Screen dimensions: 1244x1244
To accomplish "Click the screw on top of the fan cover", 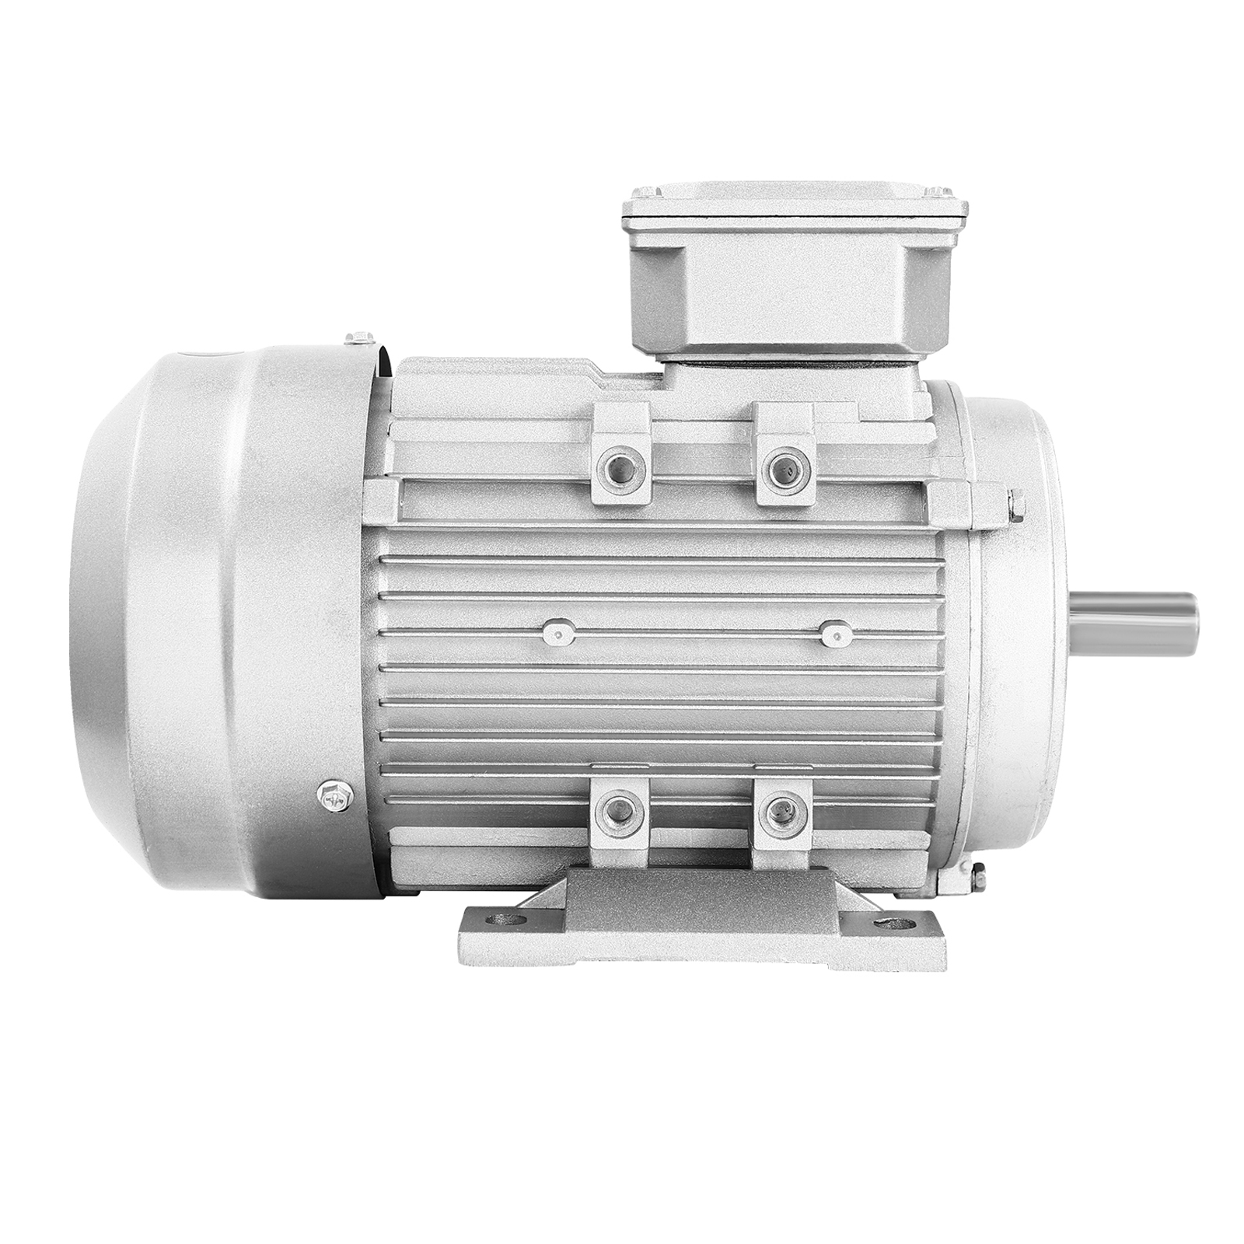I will click(359, 337).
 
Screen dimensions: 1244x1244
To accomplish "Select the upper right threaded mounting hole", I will click(785, 467).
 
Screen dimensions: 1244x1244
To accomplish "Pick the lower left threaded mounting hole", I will click(620, 814).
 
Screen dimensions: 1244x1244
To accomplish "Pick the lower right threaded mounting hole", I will click(784, 814).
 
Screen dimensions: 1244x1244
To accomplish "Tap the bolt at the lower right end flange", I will click(976, 873).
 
